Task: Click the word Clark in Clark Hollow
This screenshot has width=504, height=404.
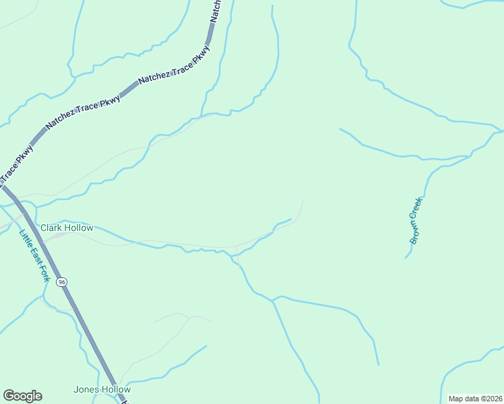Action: coord(51,228)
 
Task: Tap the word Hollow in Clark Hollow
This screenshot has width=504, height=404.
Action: coord(78,228)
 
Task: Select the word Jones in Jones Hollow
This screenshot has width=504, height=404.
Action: coord(86,389)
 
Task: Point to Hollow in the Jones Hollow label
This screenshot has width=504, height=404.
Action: coord(115,389)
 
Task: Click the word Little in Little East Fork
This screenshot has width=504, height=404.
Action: coord(24,238)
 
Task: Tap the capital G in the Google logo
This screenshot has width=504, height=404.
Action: coord(9,396)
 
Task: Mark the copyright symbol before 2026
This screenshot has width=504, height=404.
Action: coord(482,399)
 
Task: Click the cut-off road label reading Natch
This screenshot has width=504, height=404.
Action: coord(216,11)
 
